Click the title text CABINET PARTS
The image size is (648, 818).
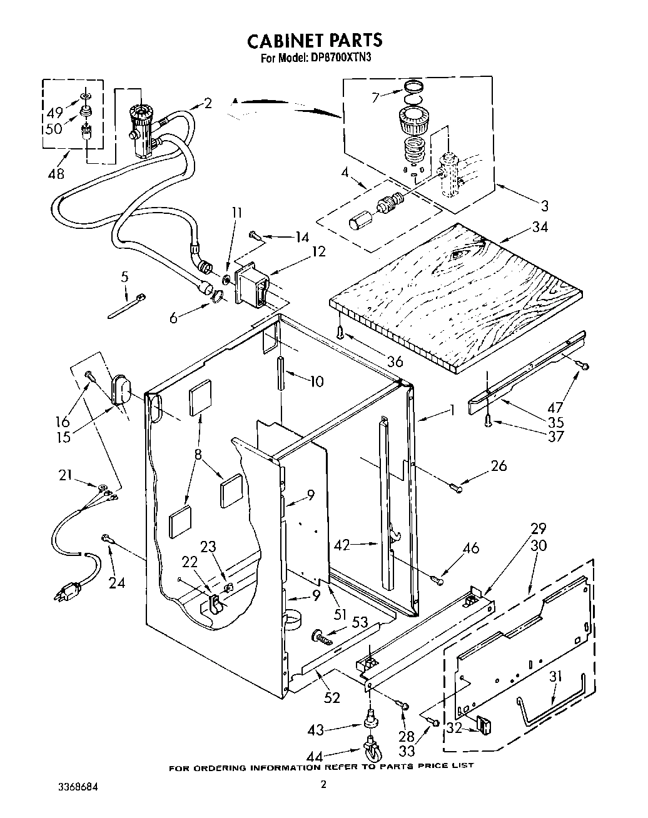(314, 41)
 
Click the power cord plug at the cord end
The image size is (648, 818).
(68, 591)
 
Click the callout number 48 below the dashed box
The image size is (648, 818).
(56, 173)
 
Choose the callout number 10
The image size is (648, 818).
(317, 380)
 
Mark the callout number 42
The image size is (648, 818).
(341, 545)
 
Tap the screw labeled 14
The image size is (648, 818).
(256, 235)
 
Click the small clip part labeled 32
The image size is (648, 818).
(483, 725)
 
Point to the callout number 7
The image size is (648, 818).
(375, 98)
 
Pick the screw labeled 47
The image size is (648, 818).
(584, 366)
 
